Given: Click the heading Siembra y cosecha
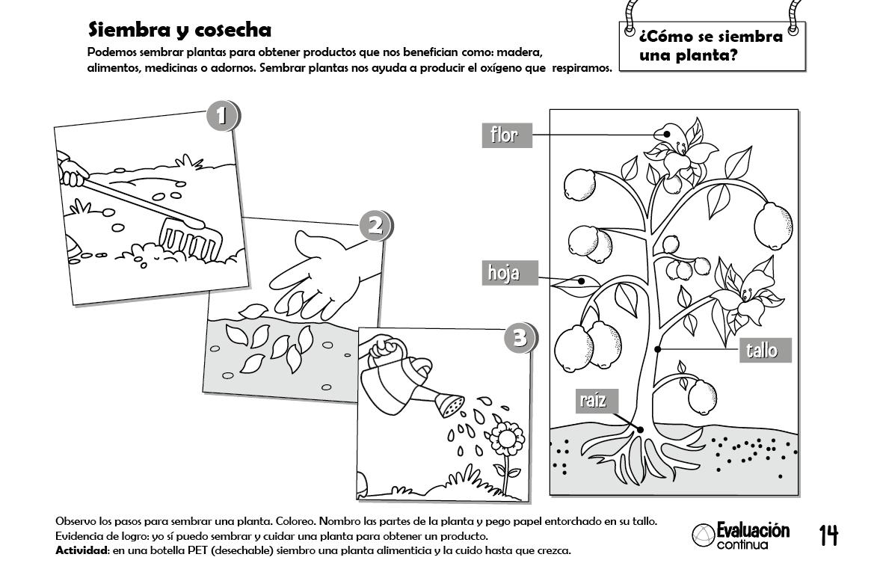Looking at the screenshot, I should (179, 30).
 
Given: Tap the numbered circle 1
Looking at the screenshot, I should (221, 116).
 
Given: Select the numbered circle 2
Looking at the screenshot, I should (375, 225).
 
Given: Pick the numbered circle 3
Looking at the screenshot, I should (520, 338).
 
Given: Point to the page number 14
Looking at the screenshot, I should (828, 535).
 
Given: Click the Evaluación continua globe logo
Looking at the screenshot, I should (702, 535).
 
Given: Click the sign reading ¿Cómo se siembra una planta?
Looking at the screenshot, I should (711, 46).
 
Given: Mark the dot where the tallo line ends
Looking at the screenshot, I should (657, 349).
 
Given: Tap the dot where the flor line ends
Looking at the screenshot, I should (667, 135).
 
